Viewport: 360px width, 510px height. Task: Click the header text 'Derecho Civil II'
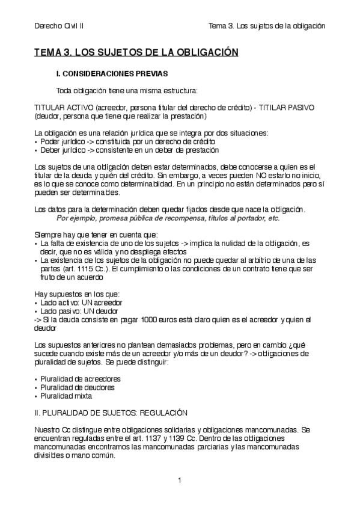click(59, 26)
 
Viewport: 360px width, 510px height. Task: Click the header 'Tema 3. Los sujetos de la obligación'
click(266, 26)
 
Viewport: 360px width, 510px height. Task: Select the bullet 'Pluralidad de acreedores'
click(80, 379)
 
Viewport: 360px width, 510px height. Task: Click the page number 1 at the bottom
click(179, 481)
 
